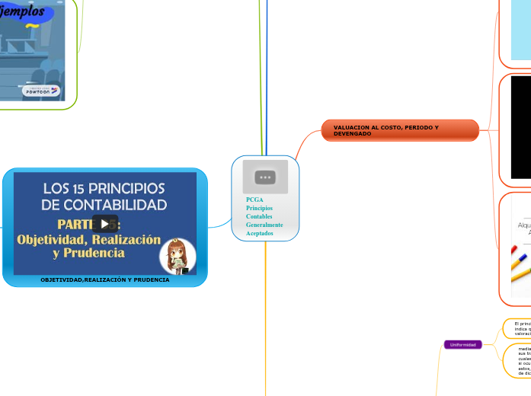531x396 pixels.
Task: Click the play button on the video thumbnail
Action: pos(104,224)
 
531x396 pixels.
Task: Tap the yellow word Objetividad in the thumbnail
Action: pos(53,239)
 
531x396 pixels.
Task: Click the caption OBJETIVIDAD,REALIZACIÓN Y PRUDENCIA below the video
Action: pos(104,279)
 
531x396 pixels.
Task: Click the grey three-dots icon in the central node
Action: pos(265,177)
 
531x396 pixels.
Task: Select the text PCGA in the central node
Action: pos(254,200)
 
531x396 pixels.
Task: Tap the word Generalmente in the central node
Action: pos(264,225)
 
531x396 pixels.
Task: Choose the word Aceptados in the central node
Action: pos(260,233)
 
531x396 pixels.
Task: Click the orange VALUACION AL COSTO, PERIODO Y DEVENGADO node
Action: pos(400,130)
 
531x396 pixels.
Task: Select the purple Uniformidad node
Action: pos(463,345)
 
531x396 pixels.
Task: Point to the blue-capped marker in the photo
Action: pos(521,263)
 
